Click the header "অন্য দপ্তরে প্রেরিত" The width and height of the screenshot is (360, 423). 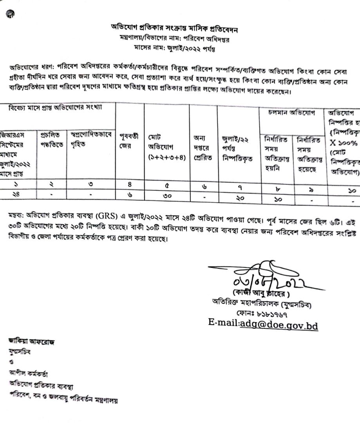click(203, 143)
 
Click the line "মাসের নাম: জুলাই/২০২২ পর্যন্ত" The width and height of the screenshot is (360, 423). click(179, 49)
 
